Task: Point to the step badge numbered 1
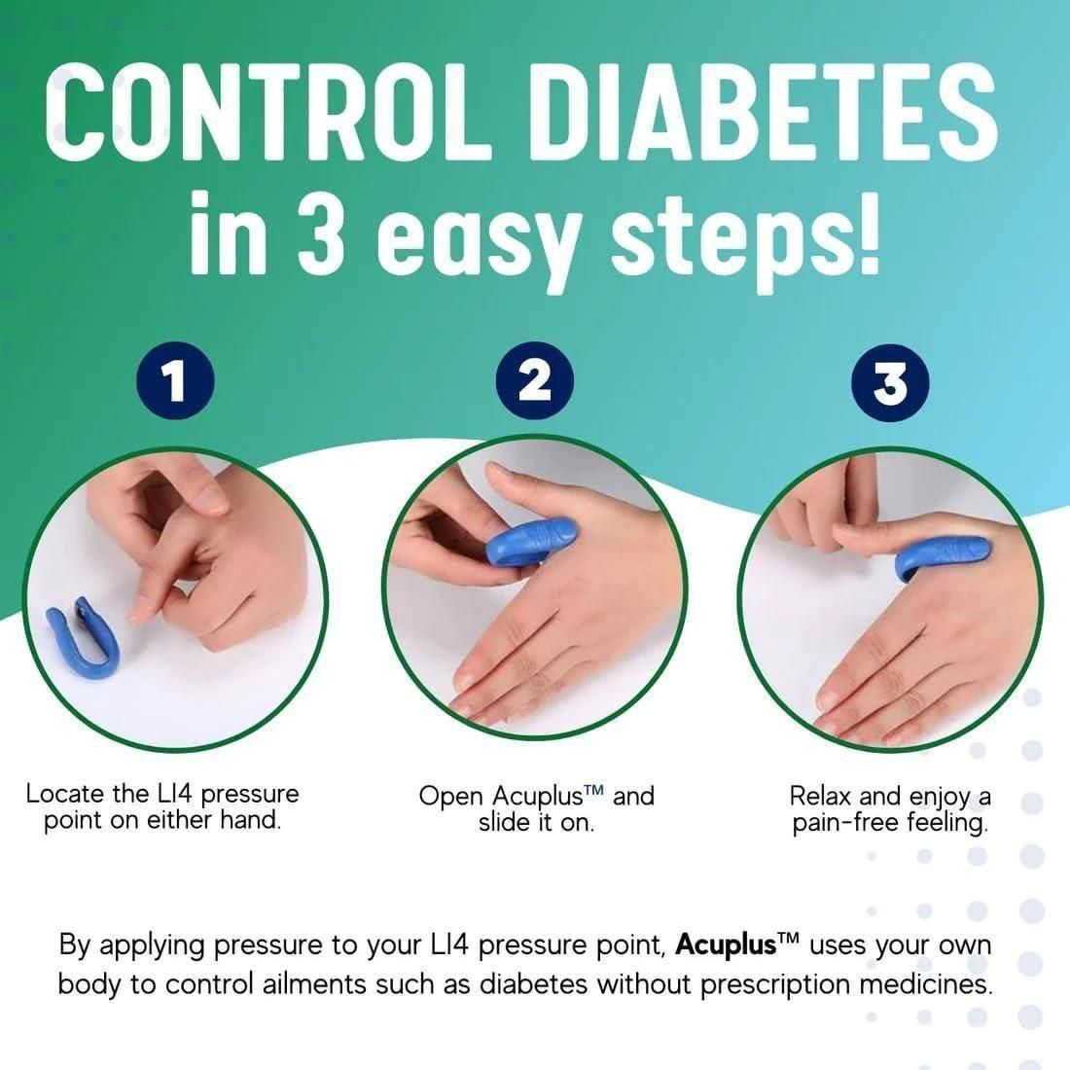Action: tap(176, 382)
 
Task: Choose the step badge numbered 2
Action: tap(534, 382)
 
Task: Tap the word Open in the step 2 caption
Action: tap(450, 796)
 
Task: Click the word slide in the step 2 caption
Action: tap(504, 823)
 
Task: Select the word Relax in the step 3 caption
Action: tap(820, 796)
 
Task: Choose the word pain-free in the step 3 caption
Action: tap(850, 824)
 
